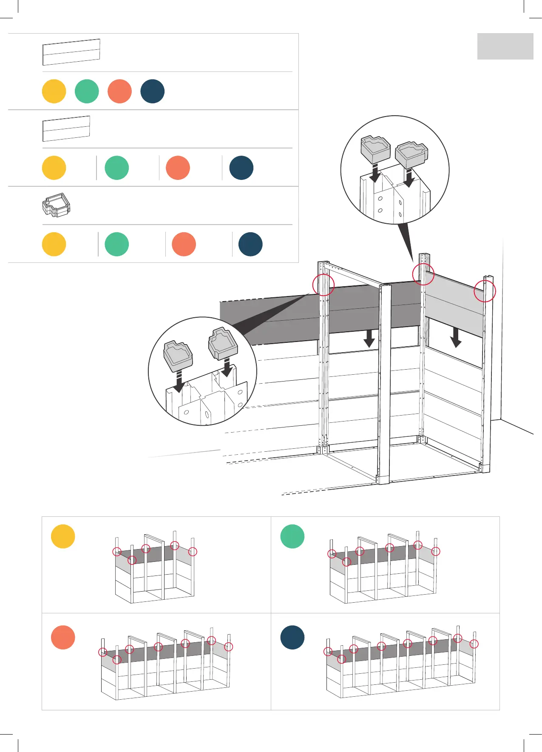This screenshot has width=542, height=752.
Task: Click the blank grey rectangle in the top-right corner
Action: coord(505,46)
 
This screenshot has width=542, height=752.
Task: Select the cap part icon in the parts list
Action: coord(56,205)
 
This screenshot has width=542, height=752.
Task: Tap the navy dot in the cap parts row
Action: coord(250,244)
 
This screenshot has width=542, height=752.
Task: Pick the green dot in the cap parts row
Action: coord(116,244)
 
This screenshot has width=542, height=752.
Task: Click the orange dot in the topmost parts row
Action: coord(119,91)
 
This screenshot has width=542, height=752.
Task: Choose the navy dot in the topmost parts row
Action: coord(152,91)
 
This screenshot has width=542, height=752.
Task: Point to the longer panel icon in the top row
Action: coord(71,52)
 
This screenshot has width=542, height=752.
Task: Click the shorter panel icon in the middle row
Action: coord(66,128)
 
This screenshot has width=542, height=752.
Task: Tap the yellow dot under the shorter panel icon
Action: coord(54,168)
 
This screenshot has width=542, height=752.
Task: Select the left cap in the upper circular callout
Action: coord(375,149)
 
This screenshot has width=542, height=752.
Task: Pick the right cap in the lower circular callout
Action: coord(223,342)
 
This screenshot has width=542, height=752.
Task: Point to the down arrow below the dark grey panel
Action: coord(369,338)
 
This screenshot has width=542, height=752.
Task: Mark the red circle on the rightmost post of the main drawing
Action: coord(485,291)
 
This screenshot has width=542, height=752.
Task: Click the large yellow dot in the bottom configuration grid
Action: coord(63,536)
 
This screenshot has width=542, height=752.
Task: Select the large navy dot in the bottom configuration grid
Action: coord(292,637)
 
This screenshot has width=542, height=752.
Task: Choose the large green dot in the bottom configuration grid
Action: coord(292,536)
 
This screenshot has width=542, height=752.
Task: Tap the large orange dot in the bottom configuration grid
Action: coord(63,637)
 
